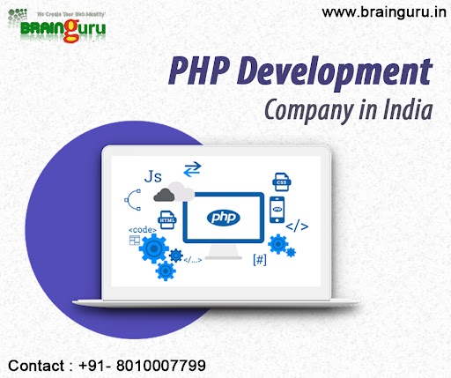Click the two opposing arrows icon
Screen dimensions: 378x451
[x=190, y=167]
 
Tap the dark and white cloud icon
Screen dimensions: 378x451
[x=173, y=192]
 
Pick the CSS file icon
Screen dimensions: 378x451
[x=281, y=182]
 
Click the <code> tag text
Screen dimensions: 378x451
[x=143, y=232]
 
